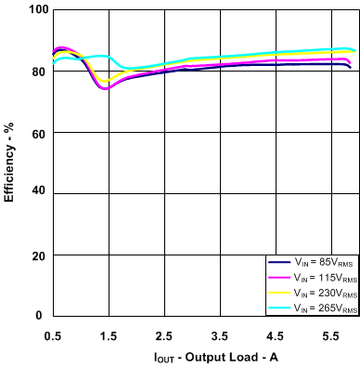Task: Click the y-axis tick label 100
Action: pyautogui.click(x=33, y=10)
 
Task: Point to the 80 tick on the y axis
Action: pyautogui.click(x=36, y=72)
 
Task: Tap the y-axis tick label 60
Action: pyautogui.click(x=36, y=133)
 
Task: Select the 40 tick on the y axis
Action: pyautogui.click(x=36, y=194)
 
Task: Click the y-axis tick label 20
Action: pyautogui.click(x=36, y=255)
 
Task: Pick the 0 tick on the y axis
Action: pyautogui.click(x=40, y=316)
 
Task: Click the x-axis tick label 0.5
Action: pyautogui.click(x=53, y=334)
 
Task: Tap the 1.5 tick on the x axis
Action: pyautogui.click(x=109, y=334)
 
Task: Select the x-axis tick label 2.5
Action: pyautogui.click(x=164, y=334)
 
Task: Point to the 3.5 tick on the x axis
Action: pyautogui.click(x=220, y=334)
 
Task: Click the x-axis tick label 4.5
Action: pyautogui.click(x=276, y=334)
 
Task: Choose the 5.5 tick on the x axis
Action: pyautogui.click(x=331, y=334)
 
